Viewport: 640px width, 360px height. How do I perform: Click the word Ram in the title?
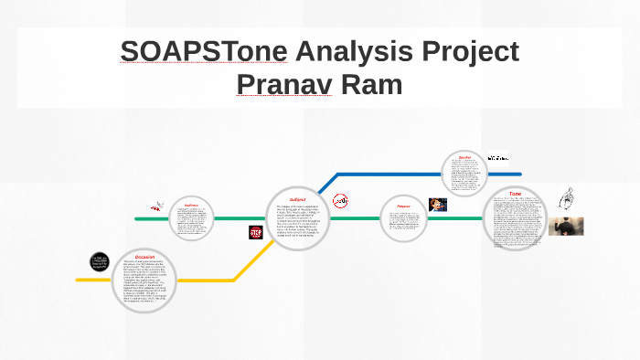click(x=375, y=84)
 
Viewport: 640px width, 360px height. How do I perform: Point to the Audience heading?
click(x=191, y=205)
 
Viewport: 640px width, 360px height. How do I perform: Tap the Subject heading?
click(x=298, y=198)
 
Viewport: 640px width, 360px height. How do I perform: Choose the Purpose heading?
click(x=403, y=206)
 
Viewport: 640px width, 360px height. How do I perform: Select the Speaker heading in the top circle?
click(x=464, y=157)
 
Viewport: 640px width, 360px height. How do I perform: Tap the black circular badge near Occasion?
click(x=100, y=261)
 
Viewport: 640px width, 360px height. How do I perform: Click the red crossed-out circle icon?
click(x=340, y=201)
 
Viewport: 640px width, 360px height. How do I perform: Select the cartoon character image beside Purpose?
click(x=438, y=205)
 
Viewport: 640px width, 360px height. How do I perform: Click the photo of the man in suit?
click(x=566, y=226)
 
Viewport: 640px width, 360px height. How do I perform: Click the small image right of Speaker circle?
click(x=497, y=156)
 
